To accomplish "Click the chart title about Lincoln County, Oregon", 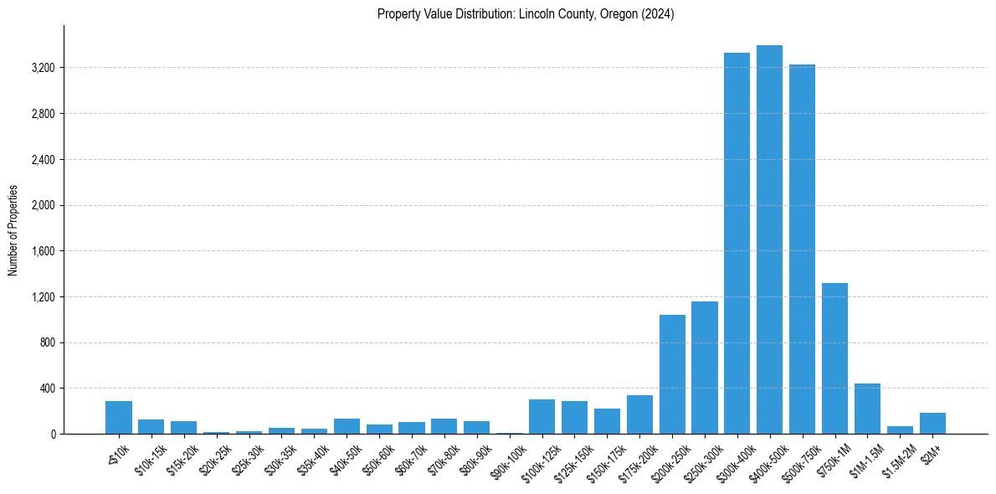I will click(x=526, y=13).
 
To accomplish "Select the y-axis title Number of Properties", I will click(x=13, y=229).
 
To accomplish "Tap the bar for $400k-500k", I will click(x=769, y=239).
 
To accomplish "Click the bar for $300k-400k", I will click(x=737, y=243).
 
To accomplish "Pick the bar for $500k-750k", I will click(x=802, y=249).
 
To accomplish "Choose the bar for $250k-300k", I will click(x=705, y=368).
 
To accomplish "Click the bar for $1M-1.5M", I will click(x=867, y=409).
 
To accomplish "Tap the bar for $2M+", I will click(x=932, y=423).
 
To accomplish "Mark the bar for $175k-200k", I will click(x=639, y=414).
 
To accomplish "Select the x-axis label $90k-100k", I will click(x=505, y=460).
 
